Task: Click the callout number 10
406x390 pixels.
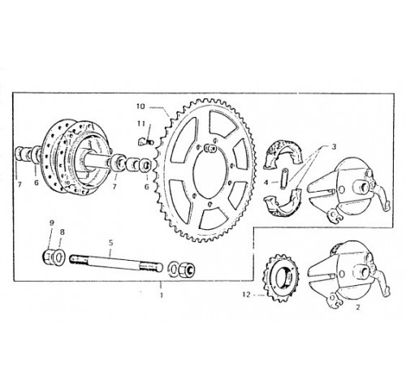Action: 140,106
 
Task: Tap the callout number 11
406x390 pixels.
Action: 141,123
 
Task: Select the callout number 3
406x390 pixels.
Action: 334,146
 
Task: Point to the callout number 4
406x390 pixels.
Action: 266,183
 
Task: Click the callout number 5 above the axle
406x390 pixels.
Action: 110,243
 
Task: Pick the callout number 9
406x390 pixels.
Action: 52,223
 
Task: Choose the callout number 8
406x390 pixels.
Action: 63,232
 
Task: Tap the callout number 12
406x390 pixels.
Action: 247,295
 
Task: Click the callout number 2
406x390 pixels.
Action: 358,307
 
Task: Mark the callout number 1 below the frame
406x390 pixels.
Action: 162,295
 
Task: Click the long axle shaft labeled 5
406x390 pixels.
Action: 116,262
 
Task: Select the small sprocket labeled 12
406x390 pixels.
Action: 279,278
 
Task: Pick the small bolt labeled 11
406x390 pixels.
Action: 146,142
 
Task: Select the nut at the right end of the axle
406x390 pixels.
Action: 188,270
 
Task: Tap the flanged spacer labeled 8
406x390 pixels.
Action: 58,257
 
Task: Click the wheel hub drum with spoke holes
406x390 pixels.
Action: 73,156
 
